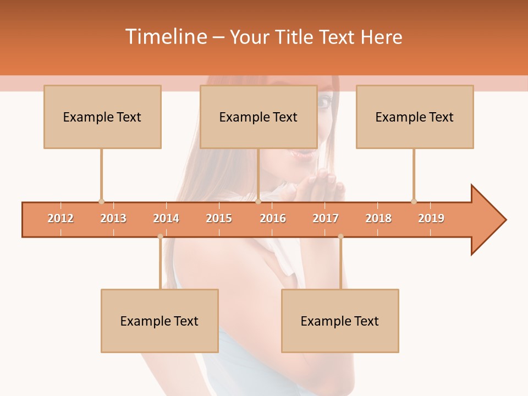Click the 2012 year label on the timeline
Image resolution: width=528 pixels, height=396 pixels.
click(61, 218)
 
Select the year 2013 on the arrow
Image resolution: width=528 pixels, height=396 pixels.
click(113, 218)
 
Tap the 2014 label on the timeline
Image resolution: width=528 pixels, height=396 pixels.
click(166, 218)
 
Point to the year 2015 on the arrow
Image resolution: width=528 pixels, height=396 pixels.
click(219, 218)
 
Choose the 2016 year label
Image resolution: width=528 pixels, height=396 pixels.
click(273, 218)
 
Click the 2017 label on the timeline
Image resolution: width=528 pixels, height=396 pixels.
click(326, 218)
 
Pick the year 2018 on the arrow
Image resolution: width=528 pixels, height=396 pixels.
click(378, 218)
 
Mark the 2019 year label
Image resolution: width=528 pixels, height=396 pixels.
click(431, 218)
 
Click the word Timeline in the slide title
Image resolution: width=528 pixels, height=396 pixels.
click(166, 37)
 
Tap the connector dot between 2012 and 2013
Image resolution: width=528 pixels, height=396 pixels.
click(101, 201)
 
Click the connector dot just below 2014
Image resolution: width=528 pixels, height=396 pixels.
click(160, 237)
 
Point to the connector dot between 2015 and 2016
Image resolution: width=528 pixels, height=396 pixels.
click(258, 201)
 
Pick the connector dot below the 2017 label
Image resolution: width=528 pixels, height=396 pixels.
click(340, 237)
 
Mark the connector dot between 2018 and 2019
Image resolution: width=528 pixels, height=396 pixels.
click(414, 201)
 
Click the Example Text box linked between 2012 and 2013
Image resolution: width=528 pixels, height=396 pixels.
click(102, 117)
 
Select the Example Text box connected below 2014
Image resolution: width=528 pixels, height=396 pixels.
click(159, 321)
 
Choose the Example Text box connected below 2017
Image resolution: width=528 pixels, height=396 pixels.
click(340, 321)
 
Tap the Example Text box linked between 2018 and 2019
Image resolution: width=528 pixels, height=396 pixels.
click(415, 117)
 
